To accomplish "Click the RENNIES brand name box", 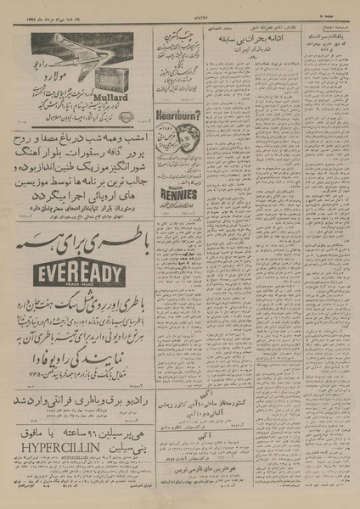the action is click(x=179, y=194).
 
